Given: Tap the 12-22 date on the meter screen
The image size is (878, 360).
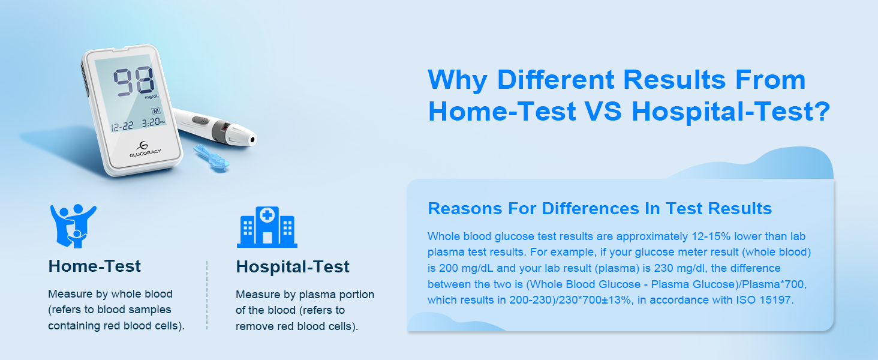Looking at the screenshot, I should (x=121, y=127).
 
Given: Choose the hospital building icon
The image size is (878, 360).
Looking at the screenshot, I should (x=267, y=227).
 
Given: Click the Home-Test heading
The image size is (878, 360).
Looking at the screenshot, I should (x=95, y=266).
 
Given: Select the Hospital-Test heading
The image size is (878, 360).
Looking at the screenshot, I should (x=293, y=266).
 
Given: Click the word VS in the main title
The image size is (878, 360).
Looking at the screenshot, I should (x=603, y=112).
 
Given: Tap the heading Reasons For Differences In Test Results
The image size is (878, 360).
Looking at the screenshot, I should (x=600, y=208).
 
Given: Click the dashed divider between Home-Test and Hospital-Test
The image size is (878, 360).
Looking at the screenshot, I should (x=207, y=295).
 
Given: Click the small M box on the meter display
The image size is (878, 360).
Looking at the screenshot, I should (x=156, y=111).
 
